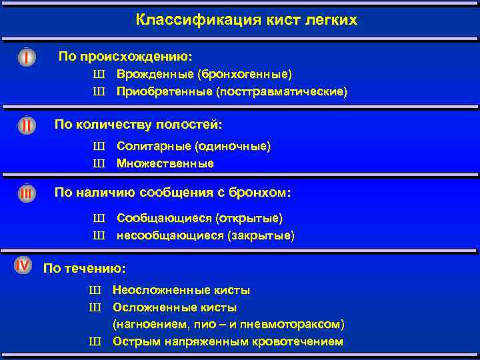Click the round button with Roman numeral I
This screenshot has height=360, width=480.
(26, 58)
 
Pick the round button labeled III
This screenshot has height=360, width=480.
(26, 193)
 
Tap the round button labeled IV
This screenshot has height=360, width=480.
(23, 265)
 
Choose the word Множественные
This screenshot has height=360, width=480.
(165, 163)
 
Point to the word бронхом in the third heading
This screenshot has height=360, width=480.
(259, 193)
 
